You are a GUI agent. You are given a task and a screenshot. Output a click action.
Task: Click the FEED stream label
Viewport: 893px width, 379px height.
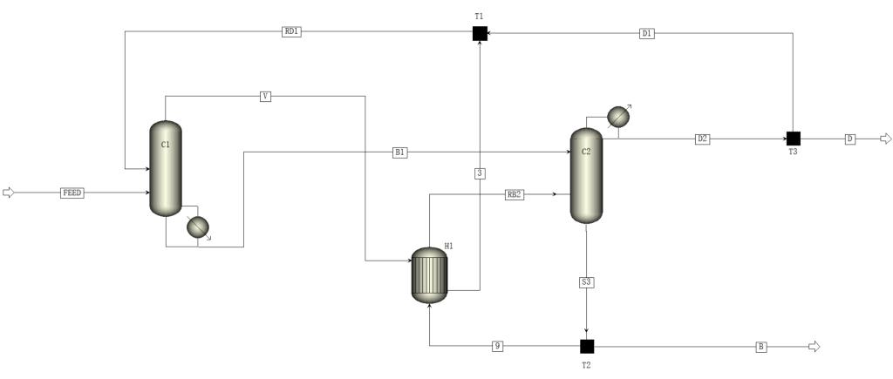(x=72, y=193)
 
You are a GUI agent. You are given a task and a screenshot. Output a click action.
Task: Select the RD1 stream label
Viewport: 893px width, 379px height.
(x=291, y=32)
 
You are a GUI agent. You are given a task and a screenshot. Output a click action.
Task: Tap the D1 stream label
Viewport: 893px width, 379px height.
(x=646, y=33)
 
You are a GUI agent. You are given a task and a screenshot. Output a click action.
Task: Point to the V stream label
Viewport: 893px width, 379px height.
(x=265, y=96)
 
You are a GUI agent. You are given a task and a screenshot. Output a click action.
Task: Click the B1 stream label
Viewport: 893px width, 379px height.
(x=400, y=152)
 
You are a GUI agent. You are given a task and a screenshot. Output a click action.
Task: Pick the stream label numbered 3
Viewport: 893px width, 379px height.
(x=480, y=173)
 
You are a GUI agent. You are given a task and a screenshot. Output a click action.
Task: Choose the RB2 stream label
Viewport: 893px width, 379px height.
(x=515, y=194)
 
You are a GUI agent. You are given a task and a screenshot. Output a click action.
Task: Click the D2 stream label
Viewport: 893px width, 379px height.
(x=702, y=139)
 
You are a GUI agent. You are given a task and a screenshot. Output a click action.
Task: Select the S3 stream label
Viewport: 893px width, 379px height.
(x=586, y=282)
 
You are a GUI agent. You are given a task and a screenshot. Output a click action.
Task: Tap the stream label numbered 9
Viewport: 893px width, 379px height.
(x=497, y=346)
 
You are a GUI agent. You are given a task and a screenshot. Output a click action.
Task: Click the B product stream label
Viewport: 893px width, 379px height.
(x=761, y=347)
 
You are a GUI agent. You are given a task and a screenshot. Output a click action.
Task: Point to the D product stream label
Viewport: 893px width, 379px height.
(x=850, y=139)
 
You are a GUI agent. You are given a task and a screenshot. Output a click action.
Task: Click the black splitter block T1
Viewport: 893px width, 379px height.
(x=480, y=33)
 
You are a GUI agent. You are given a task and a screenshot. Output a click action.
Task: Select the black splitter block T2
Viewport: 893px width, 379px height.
(x=587, y=346)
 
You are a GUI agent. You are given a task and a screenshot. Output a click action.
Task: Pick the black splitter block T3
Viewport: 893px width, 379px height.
(x=794, y=139)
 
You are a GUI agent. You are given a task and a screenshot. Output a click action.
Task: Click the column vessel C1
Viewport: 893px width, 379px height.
(x=166, y=168)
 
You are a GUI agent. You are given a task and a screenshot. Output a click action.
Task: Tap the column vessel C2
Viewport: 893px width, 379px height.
(x=586, y=175)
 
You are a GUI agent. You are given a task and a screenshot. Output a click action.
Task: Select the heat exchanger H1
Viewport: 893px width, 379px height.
(x=429, y=275)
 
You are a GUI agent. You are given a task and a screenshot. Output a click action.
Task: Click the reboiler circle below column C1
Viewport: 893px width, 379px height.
(x=198, y=227)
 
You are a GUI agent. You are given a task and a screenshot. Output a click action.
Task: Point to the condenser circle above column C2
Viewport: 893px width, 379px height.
(x=617, y=117)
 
